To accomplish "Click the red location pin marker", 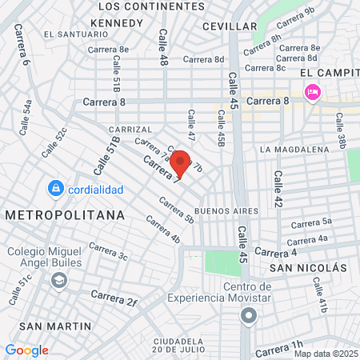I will coord(181,162).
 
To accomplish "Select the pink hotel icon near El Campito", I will coord(312,93).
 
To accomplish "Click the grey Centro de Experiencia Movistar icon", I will coord(249,316).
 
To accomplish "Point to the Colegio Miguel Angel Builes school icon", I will coord(58,281).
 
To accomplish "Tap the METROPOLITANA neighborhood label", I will coord(65,215).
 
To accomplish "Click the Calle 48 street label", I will coord(163,48).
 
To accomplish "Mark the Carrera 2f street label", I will coord(115,298).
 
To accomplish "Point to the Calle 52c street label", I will coord(55,142).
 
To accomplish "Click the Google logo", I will coord(26,350).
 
